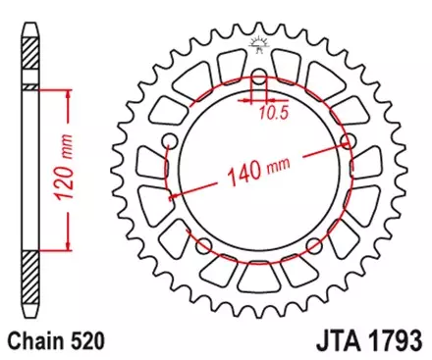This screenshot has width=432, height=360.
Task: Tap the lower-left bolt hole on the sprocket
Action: pos(202,242)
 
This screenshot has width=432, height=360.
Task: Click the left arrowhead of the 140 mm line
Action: pos(176,194)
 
